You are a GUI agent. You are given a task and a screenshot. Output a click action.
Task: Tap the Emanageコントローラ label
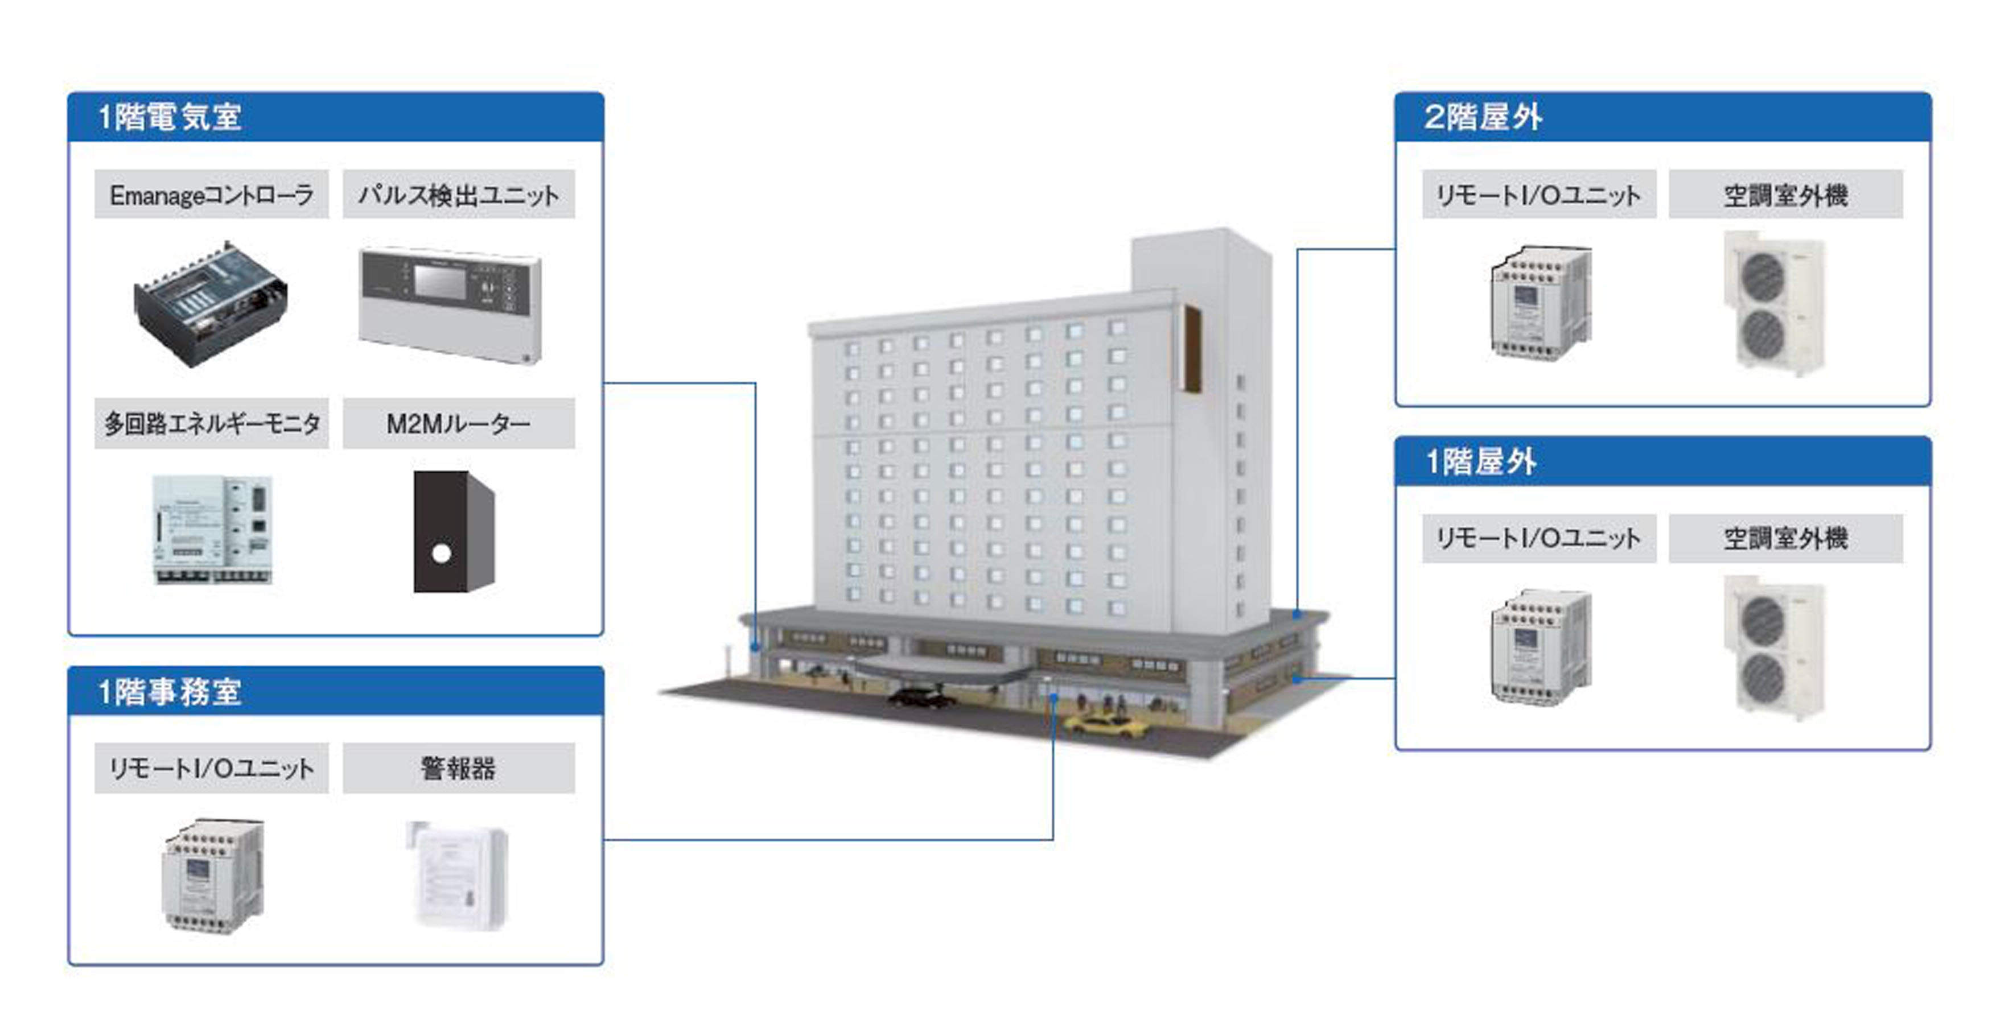pos(211,195)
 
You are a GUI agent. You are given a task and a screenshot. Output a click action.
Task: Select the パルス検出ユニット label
pos(459,195)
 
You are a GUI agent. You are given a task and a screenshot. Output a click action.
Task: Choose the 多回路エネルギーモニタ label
pos(211,424)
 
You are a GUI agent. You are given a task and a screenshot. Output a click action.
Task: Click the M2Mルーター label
pos(459,424)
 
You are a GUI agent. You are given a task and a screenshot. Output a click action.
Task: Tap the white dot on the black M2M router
pos(441,554)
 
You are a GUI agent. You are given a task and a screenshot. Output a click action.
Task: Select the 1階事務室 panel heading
pos(170,691)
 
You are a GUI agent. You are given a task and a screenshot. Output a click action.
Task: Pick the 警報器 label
pos(459,769)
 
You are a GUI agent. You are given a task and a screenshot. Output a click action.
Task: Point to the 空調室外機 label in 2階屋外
pos(1785,195)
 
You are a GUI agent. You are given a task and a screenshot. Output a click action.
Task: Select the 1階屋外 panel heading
pos(1481,461)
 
